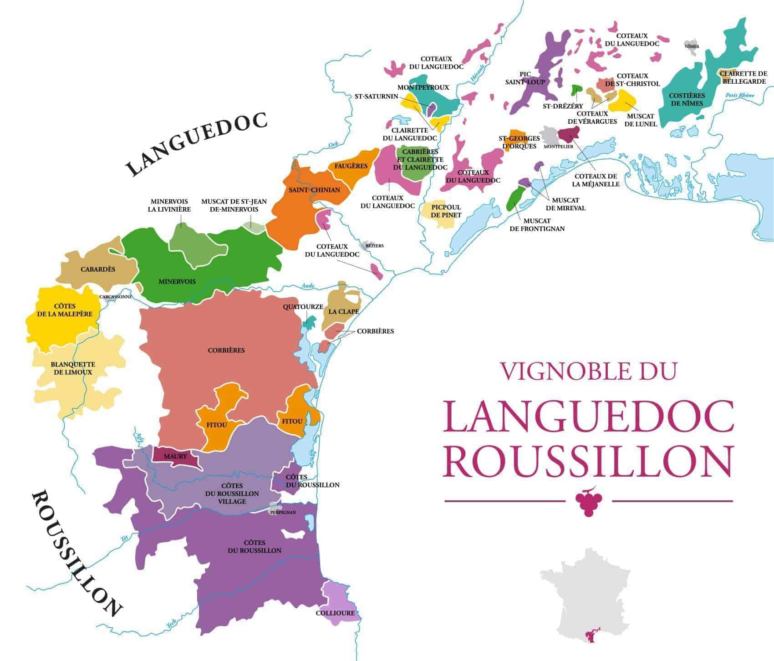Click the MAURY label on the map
pyautogui.click(x=176, y=456)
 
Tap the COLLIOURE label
pyautogui.click(x=335, y=613)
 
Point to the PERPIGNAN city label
pyautogui.click(x=283, y=512)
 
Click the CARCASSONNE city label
pyautogui.click(x=116, y=296)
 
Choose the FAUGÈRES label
pyautogui.click(x=351, y=166)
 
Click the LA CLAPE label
pyautogui.click(x=344, y=312)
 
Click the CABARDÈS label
pyautogui.click(x=98, y=269)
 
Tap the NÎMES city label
pyautogui.click(x=692, y=46)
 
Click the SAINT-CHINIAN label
pyautogui.click(x=314, y=189)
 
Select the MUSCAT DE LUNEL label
pyautogui.click(x=641, y=120)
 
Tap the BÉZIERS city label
pyautogui.click(x=375, y=245)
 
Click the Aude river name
pyautogui.click(x=308, y=286)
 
